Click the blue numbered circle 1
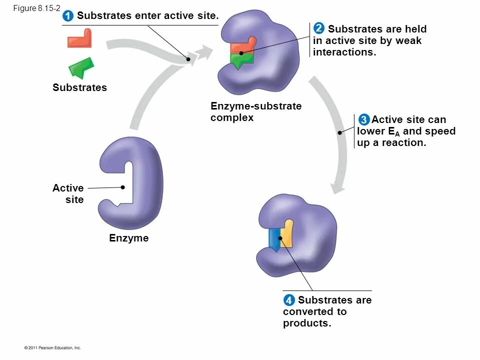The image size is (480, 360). coord(68,16)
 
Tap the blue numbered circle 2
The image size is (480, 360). coord(318,28)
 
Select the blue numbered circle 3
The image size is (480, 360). coord(363,120)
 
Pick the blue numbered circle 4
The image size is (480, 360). coord(288,300)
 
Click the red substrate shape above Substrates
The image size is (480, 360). coord(80,39)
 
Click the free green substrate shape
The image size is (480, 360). coord(81,67)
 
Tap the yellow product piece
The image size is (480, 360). coord(286,234)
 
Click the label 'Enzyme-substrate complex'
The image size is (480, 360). coord(255,112)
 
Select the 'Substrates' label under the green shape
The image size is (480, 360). coord(79,87)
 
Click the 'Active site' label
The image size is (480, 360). coord(68,193)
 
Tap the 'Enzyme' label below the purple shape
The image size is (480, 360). coord(129,238)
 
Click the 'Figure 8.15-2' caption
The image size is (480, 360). coord(36,8)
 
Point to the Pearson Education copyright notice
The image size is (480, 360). coord(52,347)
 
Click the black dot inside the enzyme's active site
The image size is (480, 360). coord(122,187)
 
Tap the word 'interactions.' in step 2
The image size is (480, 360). coord(344,52)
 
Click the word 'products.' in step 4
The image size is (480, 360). coord(307,323)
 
